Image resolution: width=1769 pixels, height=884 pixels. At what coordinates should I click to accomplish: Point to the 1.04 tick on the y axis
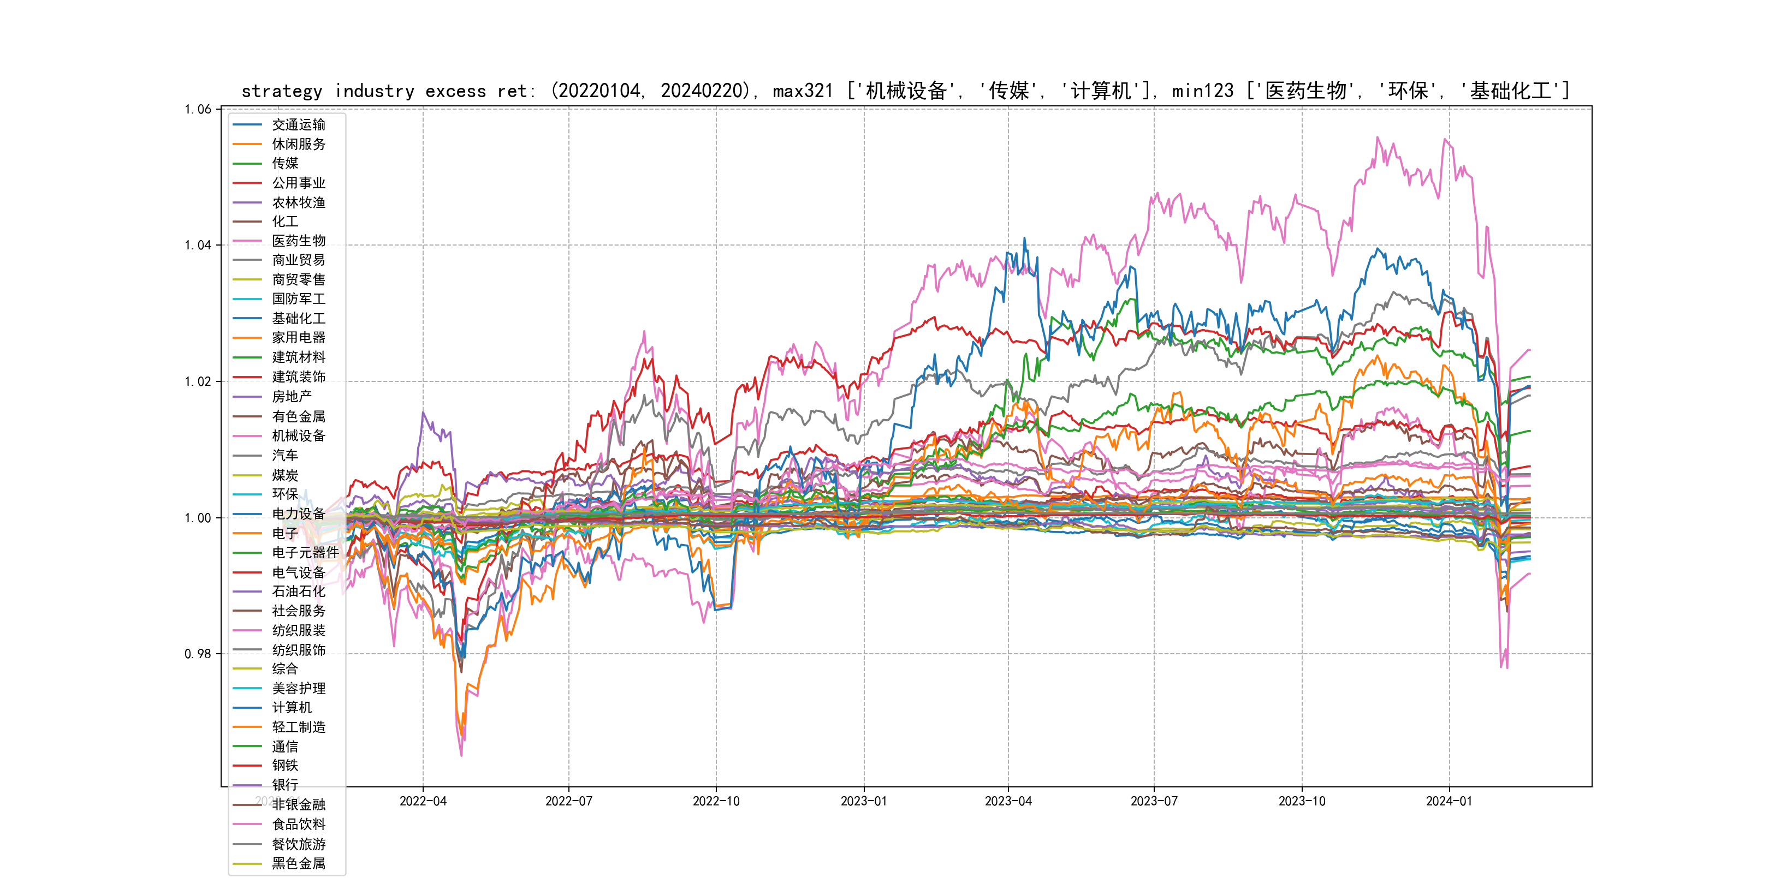(198, 245)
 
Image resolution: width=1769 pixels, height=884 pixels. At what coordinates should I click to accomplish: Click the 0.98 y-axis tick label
(198, 653)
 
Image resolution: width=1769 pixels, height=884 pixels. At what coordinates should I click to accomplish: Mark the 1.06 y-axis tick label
(198, 109)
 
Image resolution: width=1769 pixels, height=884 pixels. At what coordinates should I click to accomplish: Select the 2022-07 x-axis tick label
(568, 802)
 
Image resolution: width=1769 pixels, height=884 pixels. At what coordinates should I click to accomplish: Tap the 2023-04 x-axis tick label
(1008, 802)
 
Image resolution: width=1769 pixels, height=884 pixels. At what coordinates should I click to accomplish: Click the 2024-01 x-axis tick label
(1449, 802)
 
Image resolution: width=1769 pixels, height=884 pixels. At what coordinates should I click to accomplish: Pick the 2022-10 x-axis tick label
(716, 802)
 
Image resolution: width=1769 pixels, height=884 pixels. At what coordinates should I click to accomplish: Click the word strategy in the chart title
(282, 91)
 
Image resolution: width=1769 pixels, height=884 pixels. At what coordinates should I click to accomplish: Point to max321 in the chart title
(803, 91)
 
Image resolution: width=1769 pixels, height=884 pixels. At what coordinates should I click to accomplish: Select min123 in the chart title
(1202, 91)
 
